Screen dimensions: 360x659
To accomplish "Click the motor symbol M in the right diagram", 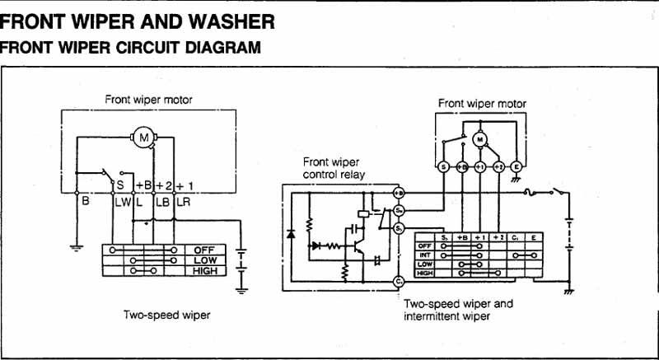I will (x=479, y=141).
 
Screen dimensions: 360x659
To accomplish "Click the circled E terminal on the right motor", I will (x=516, y=167).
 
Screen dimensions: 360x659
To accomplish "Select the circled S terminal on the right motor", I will (x=443, y=167).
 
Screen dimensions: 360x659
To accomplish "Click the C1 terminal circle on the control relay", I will (x=399, y=282).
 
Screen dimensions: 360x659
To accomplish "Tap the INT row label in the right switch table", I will (x=425, y=255).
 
